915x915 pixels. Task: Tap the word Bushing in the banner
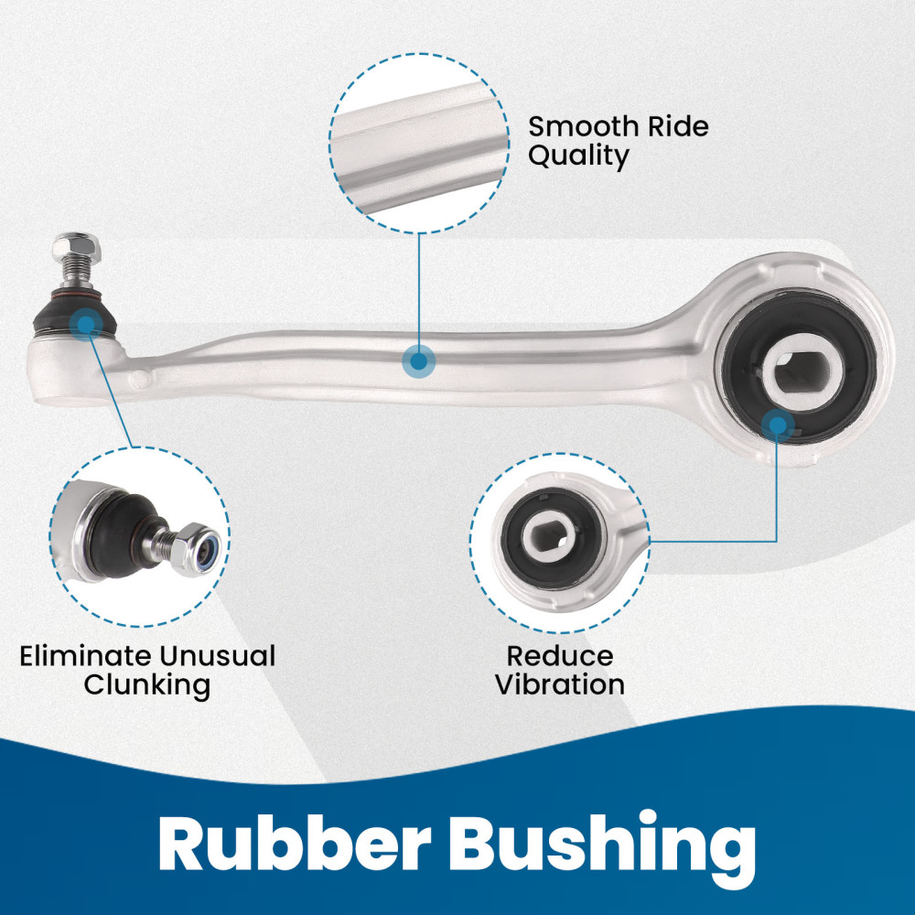(601, 849)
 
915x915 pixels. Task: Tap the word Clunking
(147, 685)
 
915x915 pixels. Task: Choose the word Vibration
(560, 684)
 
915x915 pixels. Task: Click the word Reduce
(560, 656)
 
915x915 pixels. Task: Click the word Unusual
(218, 656)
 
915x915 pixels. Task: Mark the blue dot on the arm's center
(418, 361)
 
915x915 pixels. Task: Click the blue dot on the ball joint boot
(86, 323)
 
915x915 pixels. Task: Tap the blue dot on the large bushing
(777, 425)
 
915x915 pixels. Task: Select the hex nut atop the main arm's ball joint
(76, 248)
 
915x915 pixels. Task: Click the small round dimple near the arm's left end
(141, 380)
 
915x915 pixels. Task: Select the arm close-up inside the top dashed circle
(419, 143)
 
